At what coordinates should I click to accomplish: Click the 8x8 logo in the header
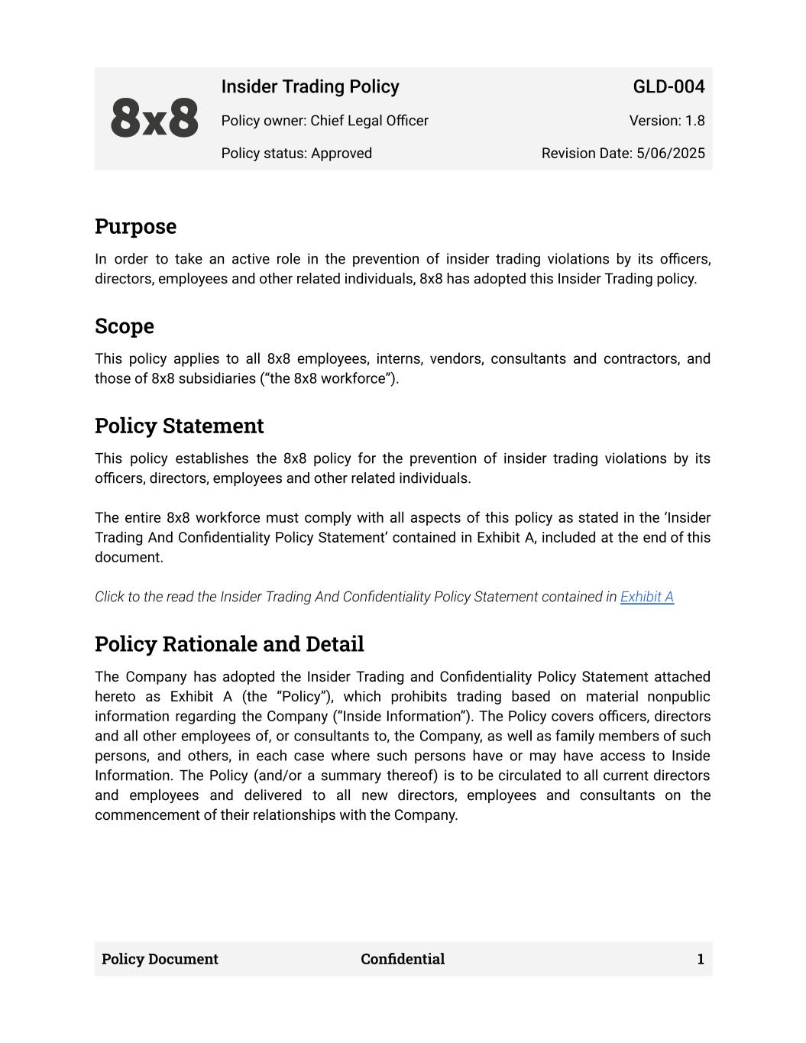pos(154,119)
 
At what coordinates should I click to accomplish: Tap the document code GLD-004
pos(668,87)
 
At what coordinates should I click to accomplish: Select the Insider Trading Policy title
pos(310,87)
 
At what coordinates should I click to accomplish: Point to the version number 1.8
pos(694,121)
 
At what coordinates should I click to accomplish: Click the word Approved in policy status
pos(341,154)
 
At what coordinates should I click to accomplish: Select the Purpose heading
pos(135,227)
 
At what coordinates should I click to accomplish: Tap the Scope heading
pos(125,326)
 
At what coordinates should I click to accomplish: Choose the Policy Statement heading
pos(179,426)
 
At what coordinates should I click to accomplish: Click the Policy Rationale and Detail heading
pos(229,644)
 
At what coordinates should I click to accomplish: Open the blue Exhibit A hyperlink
pos(647,597)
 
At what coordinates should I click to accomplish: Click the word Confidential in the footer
pos(403,959)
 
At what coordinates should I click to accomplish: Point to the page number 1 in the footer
pos(701,959)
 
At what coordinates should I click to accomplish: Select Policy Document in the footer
pos(160,959)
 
